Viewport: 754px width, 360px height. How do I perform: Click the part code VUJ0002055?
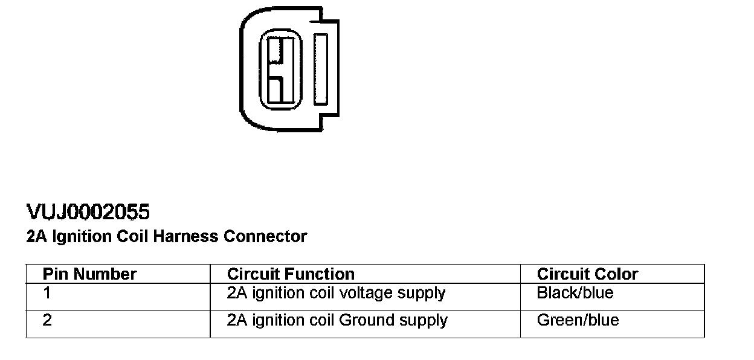(88, 212)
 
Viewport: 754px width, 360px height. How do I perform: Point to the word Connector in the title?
(265, 236)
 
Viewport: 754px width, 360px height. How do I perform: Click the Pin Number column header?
(89, 274)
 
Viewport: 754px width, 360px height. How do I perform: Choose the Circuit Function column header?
(291, 274)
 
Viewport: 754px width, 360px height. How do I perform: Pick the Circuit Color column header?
(587, 274)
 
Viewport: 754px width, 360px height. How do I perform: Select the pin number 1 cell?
(47, 294)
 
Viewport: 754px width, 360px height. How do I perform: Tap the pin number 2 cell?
(47, 320)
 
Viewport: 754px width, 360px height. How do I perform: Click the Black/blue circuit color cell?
(575, 294)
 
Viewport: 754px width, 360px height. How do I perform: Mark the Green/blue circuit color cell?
(578, 320)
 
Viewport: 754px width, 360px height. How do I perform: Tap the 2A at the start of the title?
(36, 236)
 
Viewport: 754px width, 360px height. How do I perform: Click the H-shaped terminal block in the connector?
(281, 68)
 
